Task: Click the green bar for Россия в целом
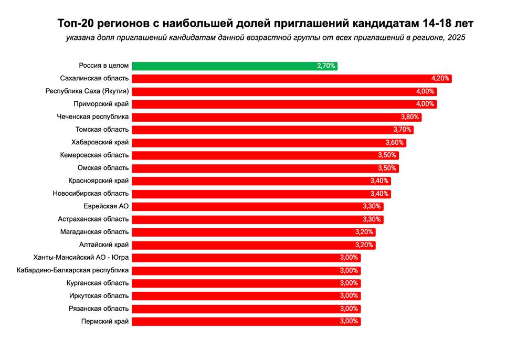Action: coord(234,66)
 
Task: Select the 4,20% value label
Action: coord(440,79)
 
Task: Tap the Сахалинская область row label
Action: coord(94,79)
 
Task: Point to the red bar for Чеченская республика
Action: coord(276,117)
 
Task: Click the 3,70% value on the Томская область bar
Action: coord(403,130)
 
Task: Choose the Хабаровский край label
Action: coord(100,142)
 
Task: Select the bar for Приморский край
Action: coord(284,104)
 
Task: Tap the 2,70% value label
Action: coord(326,66)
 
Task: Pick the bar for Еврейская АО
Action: coord(257,206)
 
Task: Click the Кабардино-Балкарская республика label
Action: coord(72,270)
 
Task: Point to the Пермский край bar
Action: coord(246,322)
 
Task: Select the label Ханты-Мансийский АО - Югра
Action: coord(81,258)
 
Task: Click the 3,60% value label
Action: coord(395,143)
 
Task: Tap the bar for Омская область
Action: coord(265,168)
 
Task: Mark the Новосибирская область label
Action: coord(90,194)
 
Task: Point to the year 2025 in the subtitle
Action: coord(457,38)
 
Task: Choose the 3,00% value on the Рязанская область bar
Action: coord(349,309)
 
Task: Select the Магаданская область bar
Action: coord(254,232)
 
